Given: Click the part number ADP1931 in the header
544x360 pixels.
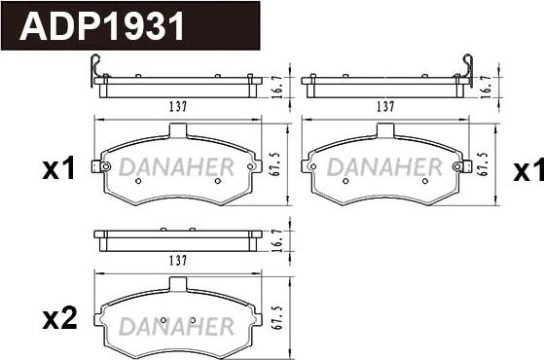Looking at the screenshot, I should (103, 25).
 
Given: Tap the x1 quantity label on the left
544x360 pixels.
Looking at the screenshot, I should (58, 170).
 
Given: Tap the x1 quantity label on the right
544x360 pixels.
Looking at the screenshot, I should (527, 172).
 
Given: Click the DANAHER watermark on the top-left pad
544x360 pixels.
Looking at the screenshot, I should (178, 167).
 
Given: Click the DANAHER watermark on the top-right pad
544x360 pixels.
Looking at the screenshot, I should (383, 167).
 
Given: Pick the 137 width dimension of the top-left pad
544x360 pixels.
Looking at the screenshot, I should (176, 106).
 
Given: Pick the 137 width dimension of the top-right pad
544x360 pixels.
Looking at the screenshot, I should (384, 106).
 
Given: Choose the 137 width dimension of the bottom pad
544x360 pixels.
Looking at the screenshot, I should (177, 260).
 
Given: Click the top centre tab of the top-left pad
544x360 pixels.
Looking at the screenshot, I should (177, 130).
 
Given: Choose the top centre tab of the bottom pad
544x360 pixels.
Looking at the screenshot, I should (177, 283).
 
